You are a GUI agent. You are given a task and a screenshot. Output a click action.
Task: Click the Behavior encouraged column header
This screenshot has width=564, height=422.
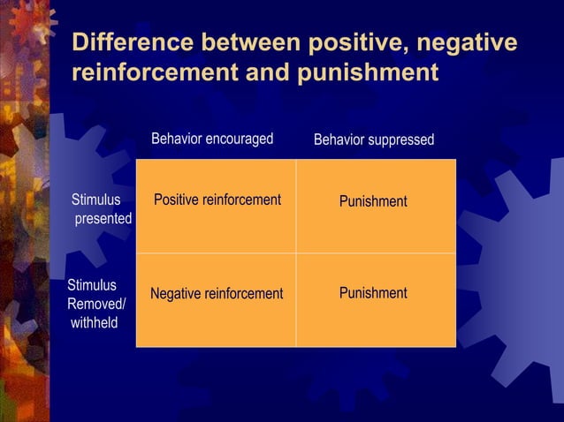tap(212, 139)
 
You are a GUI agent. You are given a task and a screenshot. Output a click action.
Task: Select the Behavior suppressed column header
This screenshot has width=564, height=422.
tap(374, 139)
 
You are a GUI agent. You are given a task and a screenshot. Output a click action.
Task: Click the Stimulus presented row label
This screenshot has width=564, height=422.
tap(99, 208)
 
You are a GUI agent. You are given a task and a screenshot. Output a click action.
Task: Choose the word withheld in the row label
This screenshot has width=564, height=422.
tap(95, 322)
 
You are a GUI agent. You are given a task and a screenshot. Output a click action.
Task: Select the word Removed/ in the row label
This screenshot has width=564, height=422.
tap(96, 304)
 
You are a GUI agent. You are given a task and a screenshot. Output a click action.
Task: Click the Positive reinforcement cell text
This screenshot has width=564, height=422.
tap(217, 200)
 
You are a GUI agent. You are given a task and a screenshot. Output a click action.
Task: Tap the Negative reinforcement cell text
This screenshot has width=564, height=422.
tap(217, 293)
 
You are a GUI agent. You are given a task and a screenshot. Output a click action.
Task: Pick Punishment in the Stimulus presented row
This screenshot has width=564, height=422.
tap(373, 201)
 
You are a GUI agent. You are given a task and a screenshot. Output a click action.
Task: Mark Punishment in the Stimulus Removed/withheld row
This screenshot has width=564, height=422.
tap(373, 292)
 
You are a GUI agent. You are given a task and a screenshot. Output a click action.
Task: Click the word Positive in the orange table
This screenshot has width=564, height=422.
tap(177, 200)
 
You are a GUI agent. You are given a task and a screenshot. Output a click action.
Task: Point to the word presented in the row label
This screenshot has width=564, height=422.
tap(103, 218)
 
